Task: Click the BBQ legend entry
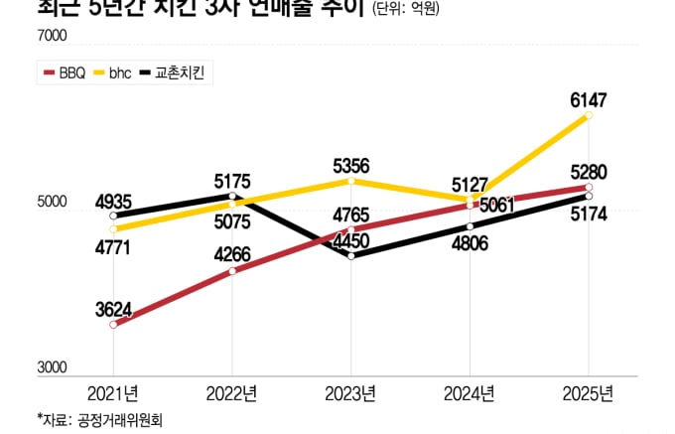pyautogui.click(x=66, y=72)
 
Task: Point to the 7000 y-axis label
pyautogui.click(x=52, y=38)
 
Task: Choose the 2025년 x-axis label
pyautogui.click(x=589, y=392)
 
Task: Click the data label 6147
pyautogui.click(x=588, y=99)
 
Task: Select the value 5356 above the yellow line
pyautogui.click(x=352, y=166)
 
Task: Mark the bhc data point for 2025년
pyautogui.click(x=589, y=115)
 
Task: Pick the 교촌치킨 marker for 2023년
pyautogui.click(x=351, y=255)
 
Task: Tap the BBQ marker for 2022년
pyautogui.click(x=232, y=270)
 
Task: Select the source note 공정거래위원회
pyautogui.click(x=99, y=418)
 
